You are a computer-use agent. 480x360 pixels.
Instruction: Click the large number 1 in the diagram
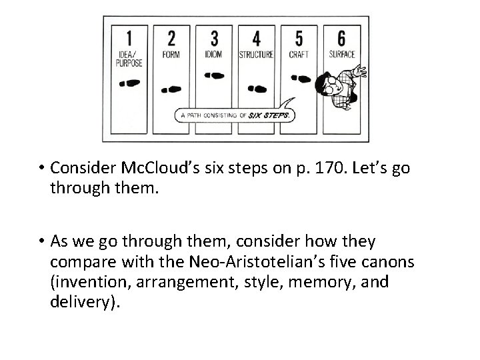[129, 37]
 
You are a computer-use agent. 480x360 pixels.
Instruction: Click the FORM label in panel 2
[171, 55]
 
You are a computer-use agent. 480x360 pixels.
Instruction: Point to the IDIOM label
[214, 55]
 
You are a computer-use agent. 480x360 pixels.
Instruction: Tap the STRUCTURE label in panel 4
[257, 55]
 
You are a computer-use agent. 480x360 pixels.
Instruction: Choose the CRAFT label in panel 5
[299, 55]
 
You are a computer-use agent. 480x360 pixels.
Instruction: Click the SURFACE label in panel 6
[342, 55]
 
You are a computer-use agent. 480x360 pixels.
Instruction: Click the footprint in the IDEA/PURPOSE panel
[129, 83]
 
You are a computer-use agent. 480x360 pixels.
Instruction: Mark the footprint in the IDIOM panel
[215, 76]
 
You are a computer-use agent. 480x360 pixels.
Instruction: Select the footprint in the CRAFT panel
[301, 78]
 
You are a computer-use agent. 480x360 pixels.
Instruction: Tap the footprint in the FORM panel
[172, 89]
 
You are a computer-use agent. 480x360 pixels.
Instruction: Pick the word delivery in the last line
[84, 302]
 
